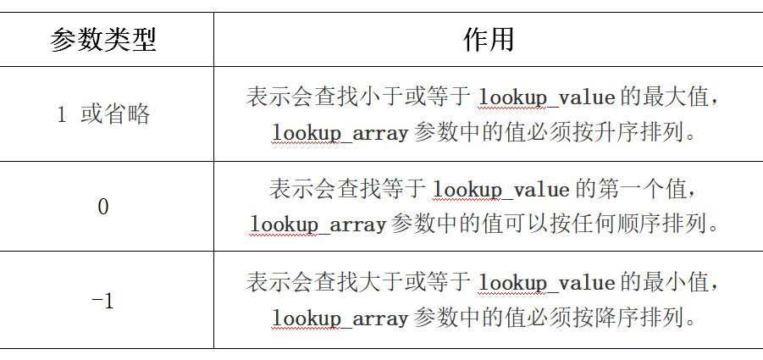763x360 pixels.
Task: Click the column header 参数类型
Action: [103, 40]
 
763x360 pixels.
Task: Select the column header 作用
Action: [489, 40]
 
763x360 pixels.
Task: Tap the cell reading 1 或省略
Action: [103, 114]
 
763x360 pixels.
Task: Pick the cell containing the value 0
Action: [103, 207]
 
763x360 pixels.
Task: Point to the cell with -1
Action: [103, 301]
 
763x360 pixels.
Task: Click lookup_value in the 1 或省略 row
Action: [546, 97]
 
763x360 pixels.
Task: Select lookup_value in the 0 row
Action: [500, 189]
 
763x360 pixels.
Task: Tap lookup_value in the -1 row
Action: [546, 283]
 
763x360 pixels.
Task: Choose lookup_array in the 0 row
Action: [318, 224]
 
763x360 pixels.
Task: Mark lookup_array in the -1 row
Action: [340, 318]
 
